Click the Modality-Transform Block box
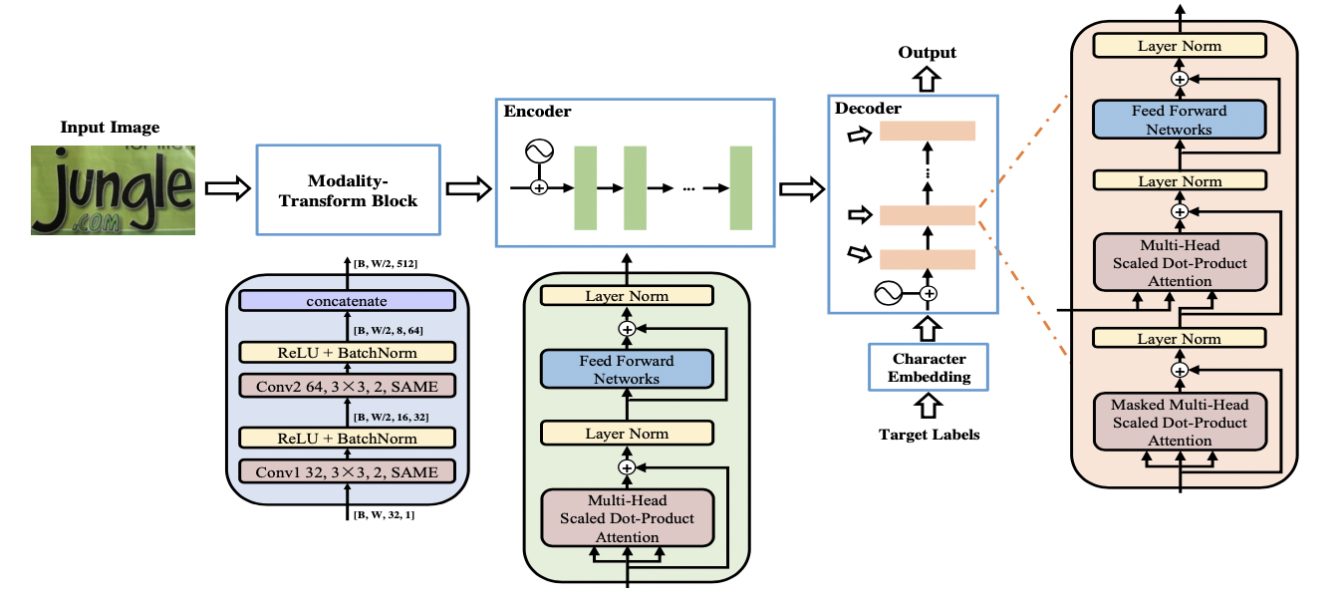[348, 189]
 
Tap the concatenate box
[347, 300]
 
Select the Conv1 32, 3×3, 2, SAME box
[347, 470]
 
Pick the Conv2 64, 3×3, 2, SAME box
[347, 385]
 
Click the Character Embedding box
[929, 368]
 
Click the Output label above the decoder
[927, 53]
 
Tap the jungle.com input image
[113, 189]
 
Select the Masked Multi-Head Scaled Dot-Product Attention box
[1180, 423]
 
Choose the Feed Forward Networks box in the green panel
[627, 370]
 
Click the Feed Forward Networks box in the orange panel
[1180, 120]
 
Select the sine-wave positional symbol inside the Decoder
[889, 293]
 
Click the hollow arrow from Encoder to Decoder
[797, 188]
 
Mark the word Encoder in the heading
[537, 112]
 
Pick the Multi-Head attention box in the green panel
[627, 518]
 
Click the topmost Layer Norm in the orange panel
[1180, 46]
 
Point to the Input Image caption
[110, 128]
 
